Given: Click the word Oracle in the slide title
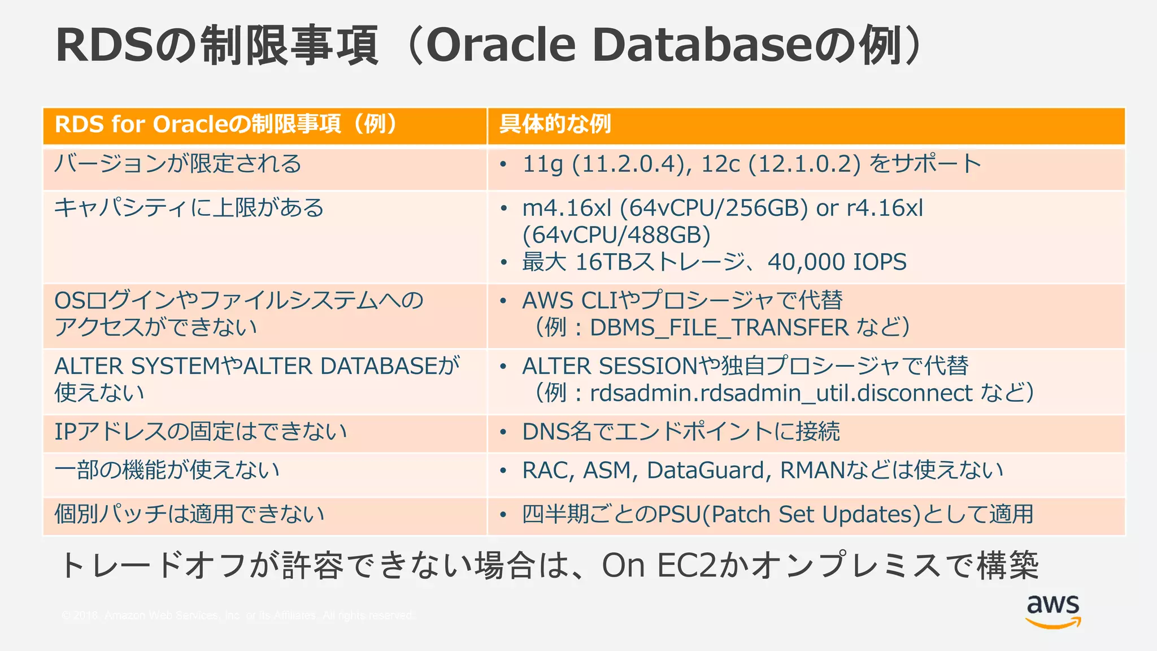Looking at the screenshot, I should (501, 45).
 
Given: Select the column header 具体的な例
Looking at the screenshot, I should (555, 124).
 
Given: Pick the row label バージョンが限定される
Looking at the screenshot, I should (178, 164).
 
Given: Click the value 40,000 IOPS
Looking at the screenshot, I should (837, 262).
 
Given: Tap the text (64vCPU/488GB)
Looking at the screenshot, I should (616, 235).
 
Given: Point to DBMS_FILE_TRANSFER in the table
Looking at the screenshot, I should (719, 328).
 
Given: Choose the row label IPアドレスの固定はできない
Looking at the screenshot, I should (201, 432).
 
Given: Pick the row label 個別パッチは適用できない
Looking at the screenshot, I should (189, 515).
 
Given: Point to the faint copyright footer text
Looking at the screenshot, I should (237, 615).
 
